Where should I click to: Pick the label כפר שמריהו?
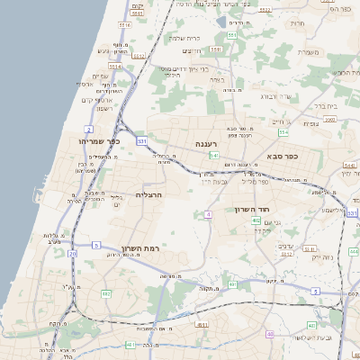tap(99, 141)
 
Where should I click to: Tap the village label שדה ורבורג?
tap(275, 96)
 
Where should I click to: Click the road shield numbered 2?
tap(89, 130)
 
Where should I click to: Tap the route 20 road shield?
tap(72, 253)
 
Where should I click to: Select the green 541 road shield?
tap(213, 156)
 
